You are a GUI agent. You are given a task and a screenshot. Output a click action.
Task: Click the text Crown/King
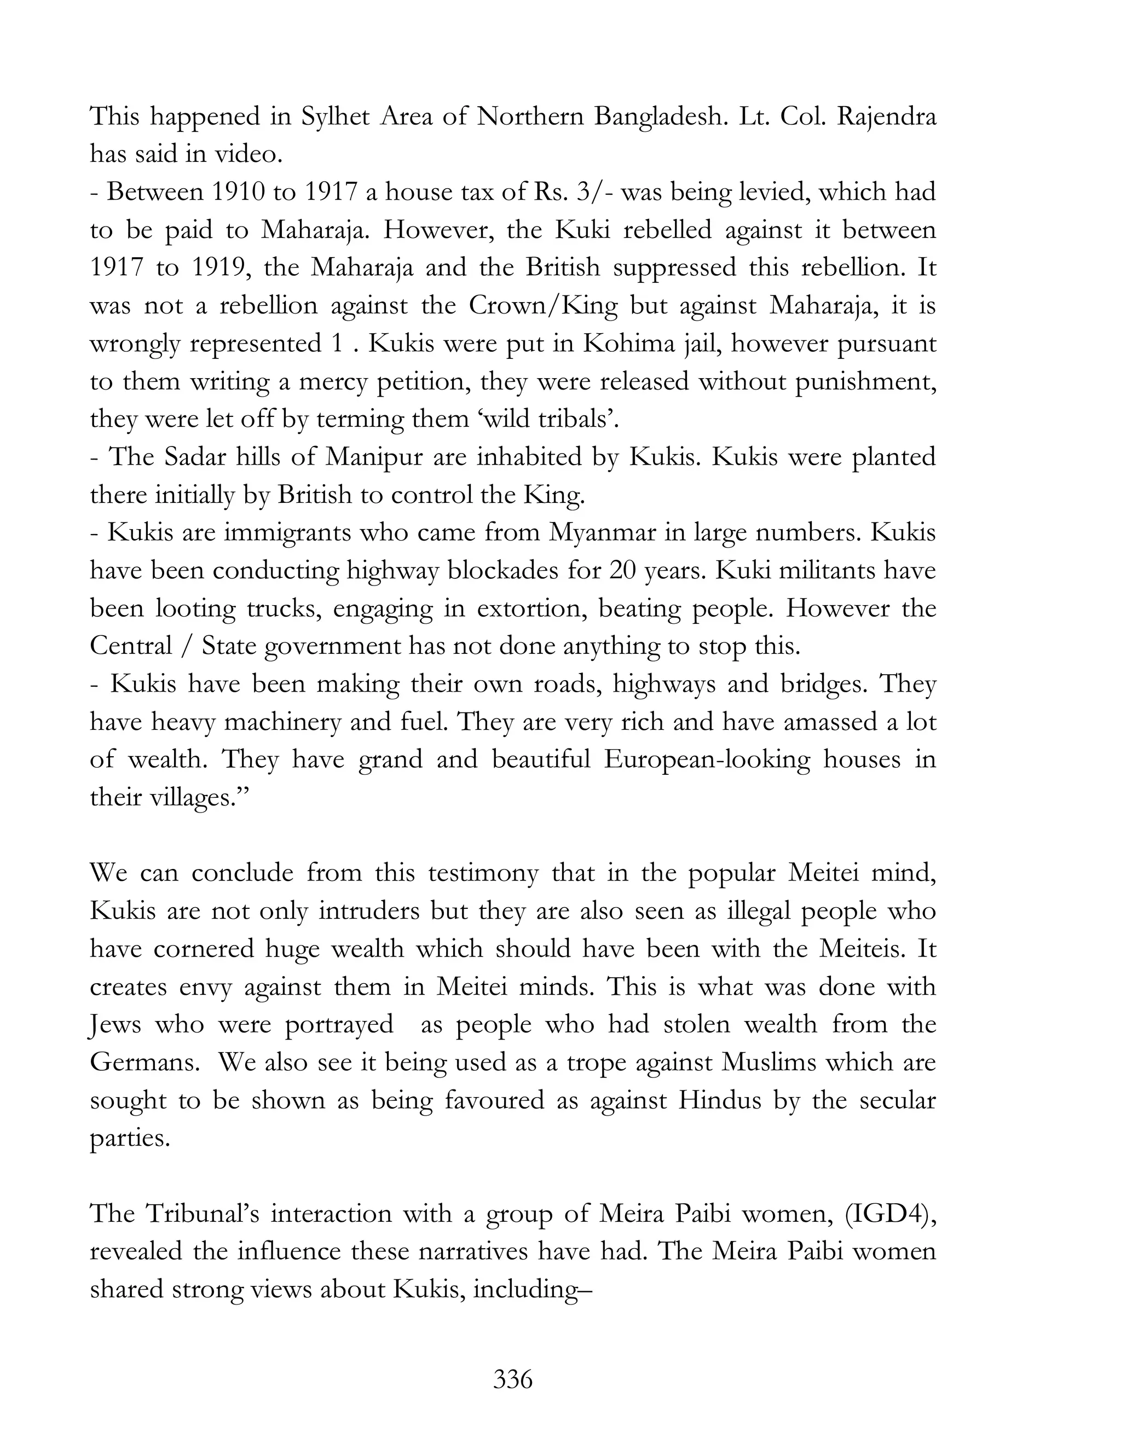point(542,305)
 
